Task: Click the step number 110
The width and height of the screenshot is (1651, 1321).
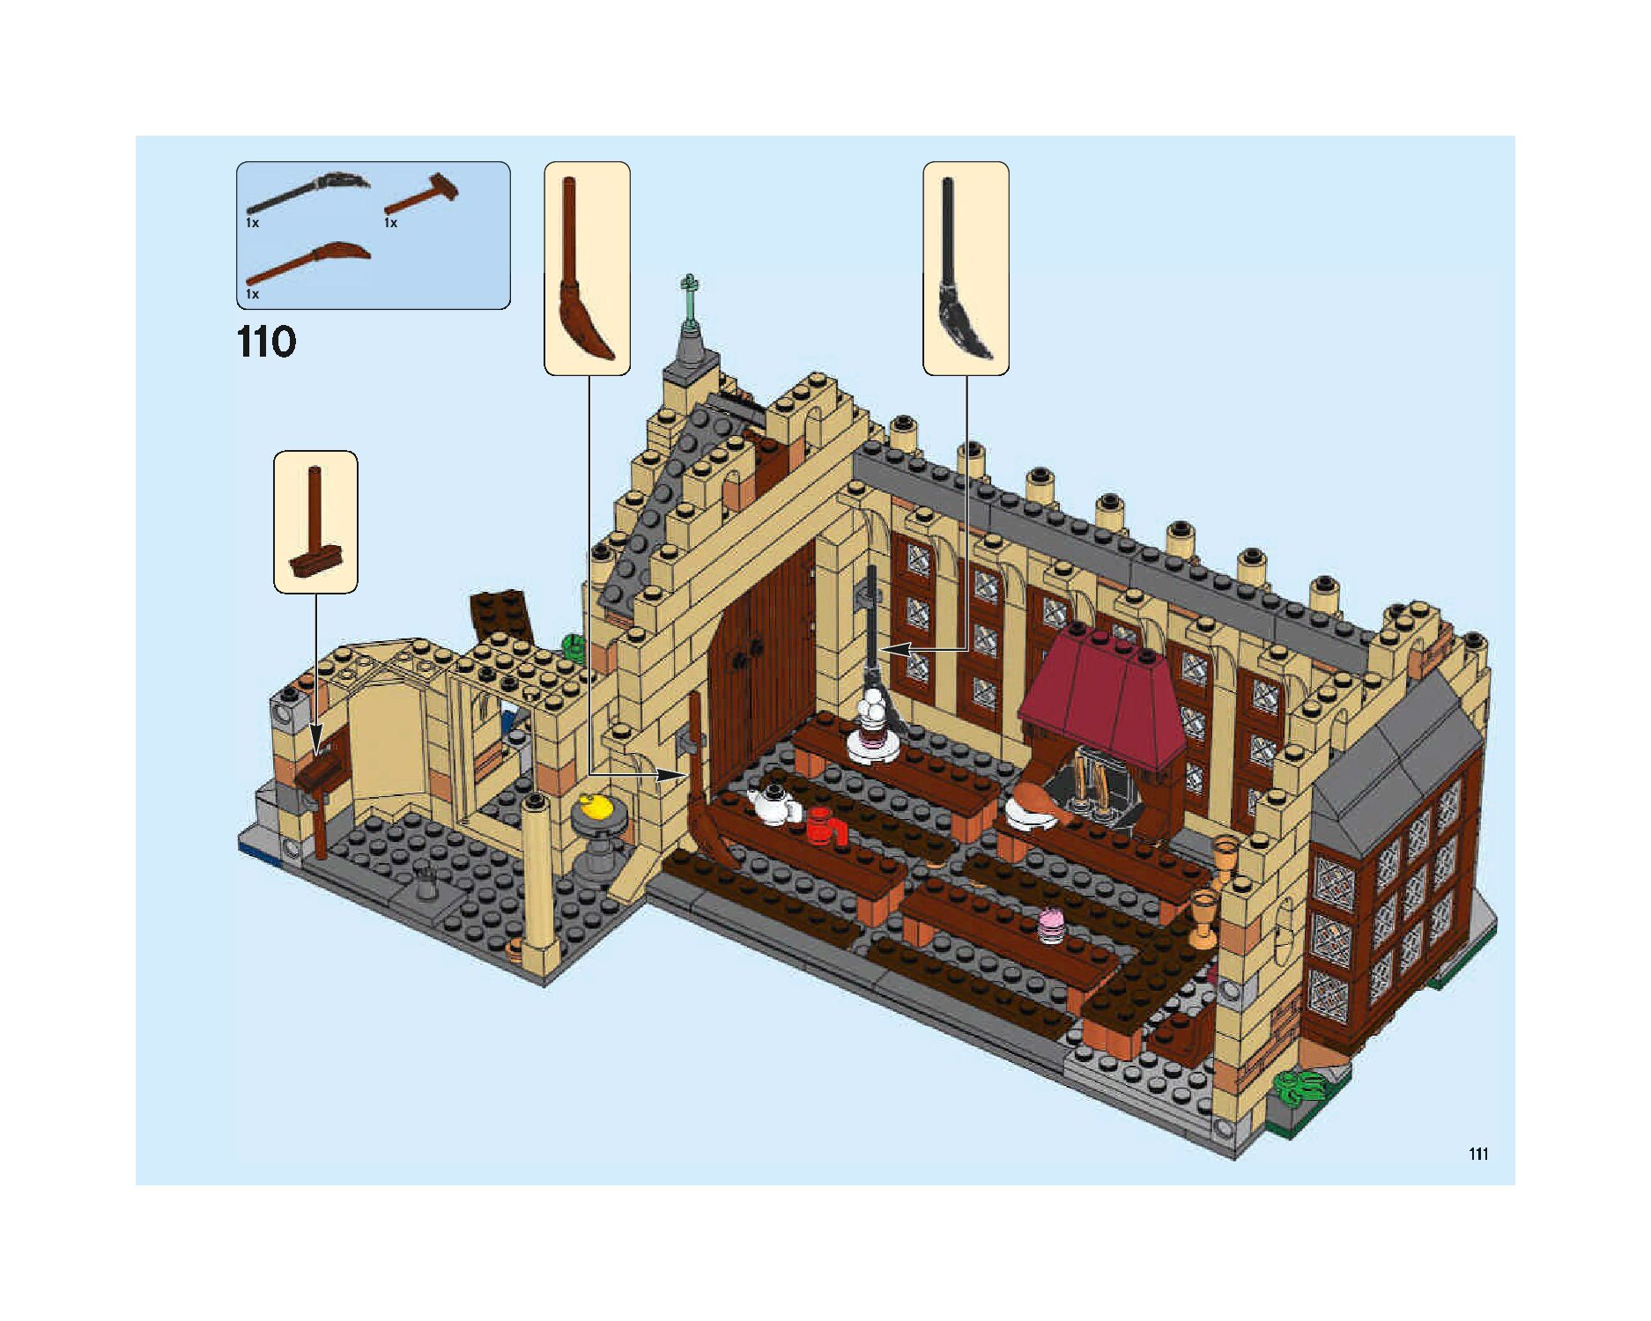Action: coord(266,342)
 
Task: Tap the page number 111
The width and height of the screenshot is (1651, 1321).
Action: coord(1478,1154)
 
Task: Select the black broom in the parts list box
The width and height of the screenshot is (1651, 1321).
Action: coord(308,192)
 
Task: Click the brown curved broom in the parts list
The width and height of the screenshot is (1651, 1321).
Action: coord(308,262)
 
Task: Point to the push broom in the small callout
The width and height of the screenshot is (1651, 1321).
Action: coord(315,528)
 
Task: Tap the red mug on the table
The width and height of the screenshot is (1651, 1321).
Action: coord(825,827)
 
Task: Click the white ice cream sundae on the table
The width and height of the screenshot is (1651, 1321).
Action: coord(875,722)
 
